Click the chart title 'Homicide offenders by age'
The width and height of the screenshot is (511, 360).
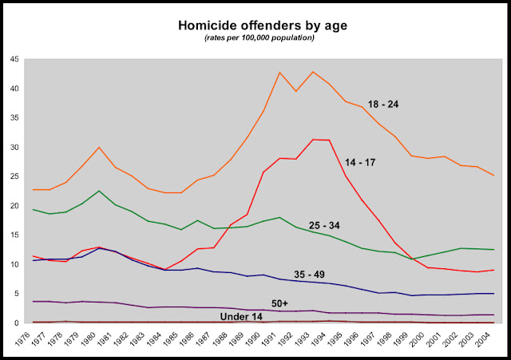coord(255,27)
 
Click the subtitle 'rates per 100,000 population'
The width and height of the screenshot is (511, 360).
coord(255,39)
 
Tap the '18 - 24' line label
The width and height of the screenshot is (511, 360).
coord(384,105)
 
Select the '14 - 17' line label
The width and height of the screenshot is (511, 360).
coord(361,162)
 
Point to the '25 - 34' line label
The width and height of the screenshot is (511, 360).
coord(324,226)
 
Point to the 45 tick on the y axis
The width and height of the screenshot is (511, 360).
coord(15,59)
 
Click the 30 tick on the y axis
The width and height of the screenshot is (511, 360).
coord(15,148)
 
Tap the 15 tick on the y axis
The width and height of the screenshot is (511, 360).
coord(15,235)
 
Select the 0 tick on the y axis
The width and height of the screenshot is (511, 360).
coord(18,323)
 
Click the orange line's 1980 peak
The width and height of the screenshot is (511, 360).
coord(98,148)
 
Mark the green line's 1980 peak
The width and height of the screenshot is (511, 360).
coord(98,191)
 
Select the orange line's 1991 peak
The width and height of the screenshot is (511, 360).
coord(279,73)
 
